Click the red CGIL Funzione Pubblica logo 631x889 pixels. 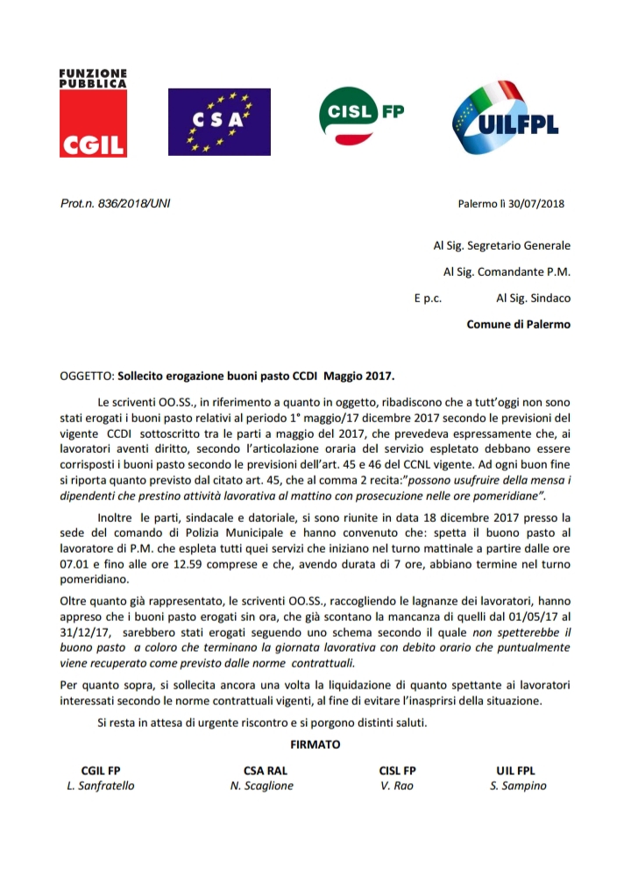(x=93, y=113)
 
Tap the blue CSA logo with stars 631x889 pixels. (x=218, y=122)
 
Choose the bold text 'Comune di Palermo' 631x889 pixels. (x=518, y=324)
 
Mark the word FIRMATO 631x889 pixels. (x=315, y=745)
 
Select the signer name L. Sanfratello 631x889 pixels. (x=101, y=786)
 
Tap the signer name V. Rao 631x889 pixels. (x=397, y=786)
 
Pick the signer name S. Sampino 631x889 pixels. (x=518, y=786)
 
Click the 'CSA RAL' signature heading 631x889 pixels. (x=266, y=770)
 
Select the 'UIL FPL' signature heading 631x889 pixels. (x=515, y=770)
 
